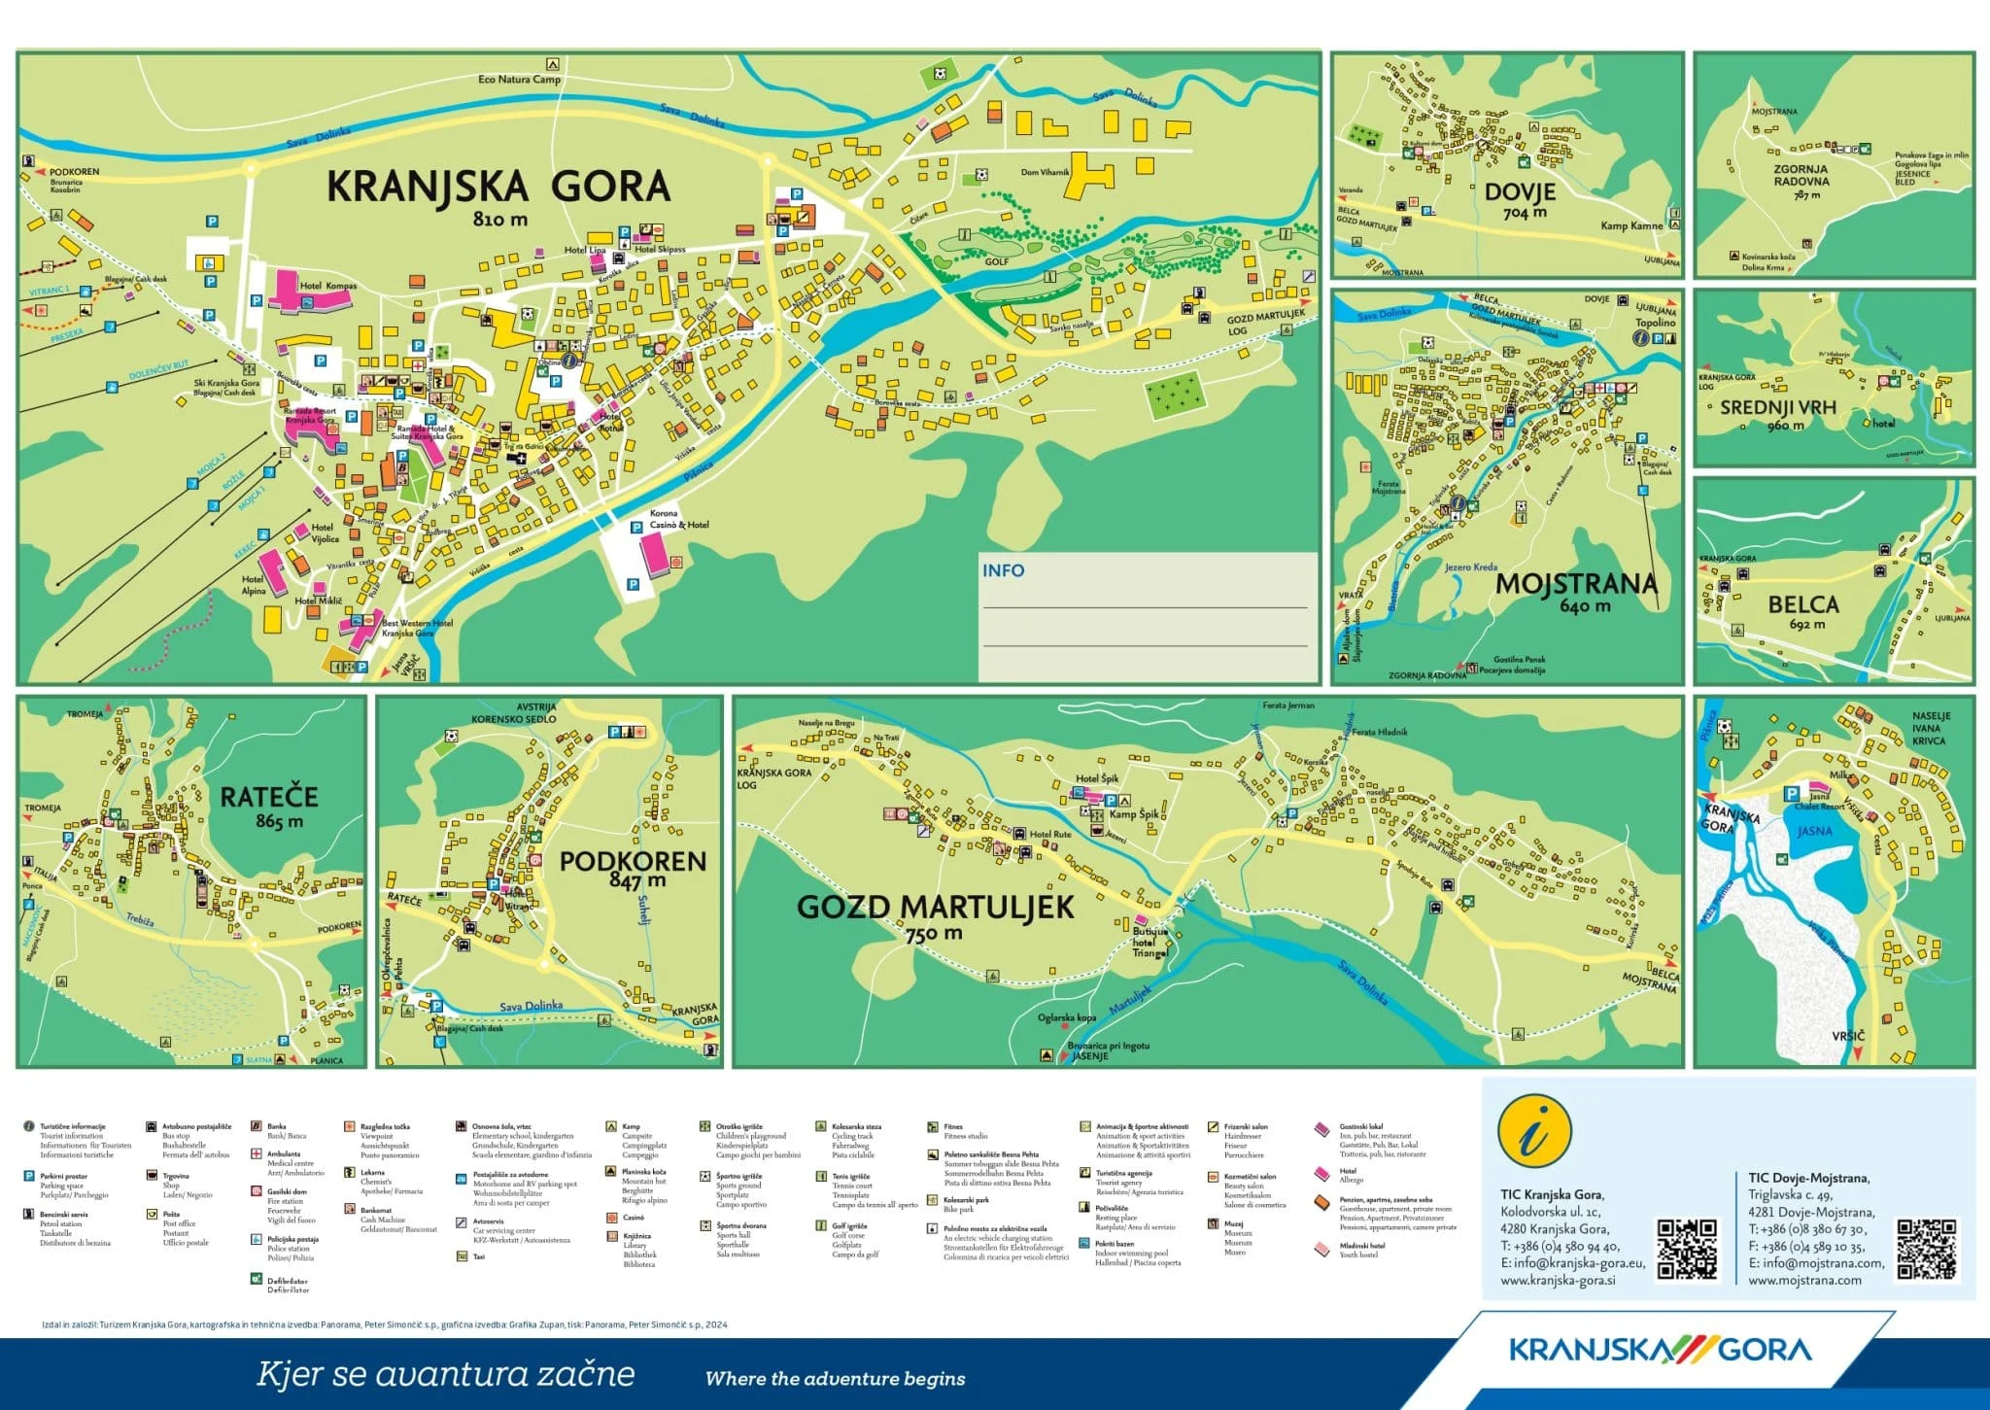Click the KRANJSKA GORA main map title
point(497,186)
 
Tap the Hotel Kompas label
point(328,286)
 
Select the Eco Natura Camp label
point(519,79)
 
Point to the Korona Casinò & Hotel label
point(679,519)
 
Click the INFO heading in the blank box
point(1003,570)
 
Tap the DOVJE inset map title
point(1520,191)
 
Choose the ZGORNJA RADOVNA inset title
point(1800,175)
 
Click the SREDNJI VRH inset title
point(1777,408)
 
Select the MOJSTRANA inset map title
point(1575,583)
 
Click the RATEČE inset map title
point(269,797)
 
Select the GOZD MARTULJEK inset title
point(935,907)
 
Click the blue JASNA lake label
point(1814,831)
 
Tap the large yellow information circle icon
point(1534,1132)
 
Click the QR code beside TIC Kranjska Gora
point(1686,1249)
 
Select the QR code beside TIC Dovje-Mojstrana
point(1927,1249)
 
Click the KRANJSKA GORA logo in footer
point(1660,1350)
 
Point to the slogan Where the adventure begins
point(835,1378)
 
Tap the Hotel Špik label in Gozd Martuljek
point(1097,778)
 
